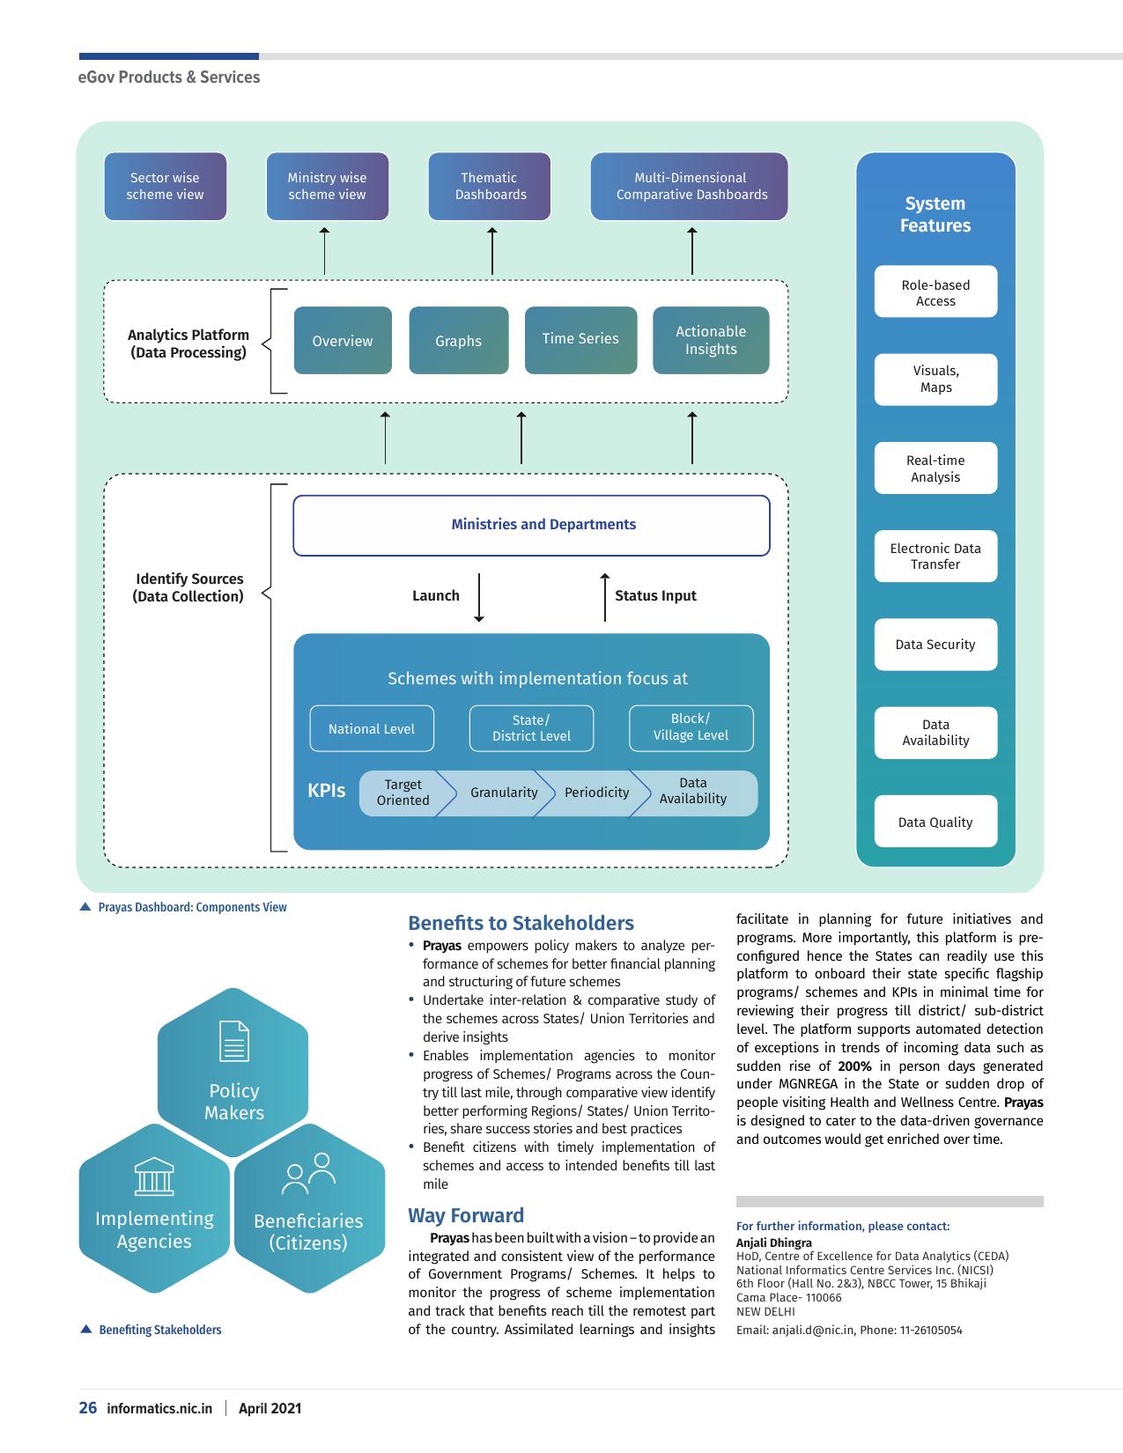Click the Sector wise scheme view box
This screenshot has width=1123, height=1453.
click(166, 187)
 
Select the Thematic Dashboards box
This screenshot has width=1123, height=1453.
click(490, 187)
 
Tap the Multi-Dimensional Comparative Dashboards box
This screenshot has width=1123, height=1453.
click(690, 187)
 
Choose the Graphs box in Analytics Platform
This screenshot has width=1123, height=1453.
click(459, 340)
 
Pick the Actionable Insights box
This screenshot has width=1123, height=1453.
click(711, 340)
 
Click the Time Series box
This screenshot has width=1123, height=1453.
click(580, 340)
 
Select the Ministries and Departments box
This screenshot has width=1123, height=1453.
click(531, 526)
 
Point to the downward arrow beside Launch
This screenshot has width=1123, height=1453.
click(479, 597)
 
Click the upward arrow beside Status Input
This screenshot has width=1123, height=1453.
click(604, 597)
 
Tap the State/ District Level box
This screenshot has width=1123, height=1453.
click(532, 728)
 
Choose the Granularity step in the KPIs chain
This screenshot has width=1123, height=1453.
click(504, 793)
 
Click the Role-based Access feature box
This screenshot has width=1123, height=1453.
click(935, 291)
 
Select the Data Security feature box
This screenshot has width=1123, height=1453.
click(935, 645)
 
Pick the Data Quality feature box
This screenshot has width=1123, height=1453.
click(935, 821)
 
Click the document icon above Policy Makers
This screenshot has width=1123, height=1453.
click(234, 1041)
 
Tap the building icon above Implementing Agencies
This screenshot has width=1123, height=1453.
click(154, 1176)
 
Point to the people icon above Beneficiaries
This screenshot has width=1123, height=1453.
click(308, 1174)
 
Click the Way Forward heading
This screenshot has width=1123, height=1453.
click(466, 1215)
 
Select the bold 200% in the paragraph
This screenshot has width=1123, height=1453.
click(854, 1066)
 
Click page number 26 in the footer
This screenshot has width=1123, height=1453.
click(87, 1407)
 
